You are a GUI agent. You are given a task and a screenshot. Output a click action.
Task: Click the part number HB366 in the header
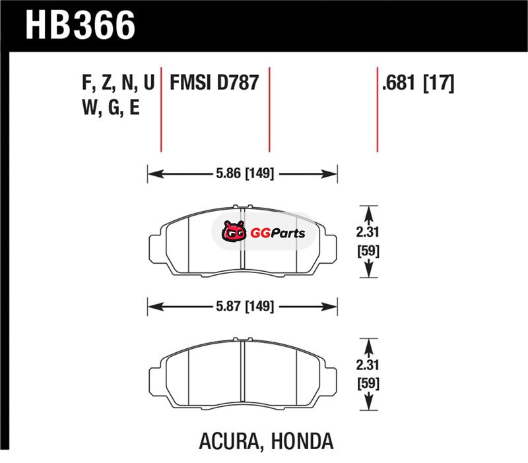click(x=80, y=24)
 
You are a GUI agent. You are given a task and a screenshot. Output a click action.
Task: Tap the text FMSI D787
click(x=214, y=82)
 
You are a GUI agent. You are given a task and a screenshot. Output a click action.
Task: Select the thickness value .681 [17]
click(x=418, y=83)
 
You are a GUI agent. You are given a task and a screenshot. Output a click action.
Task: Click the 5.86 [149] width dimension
click(x=245, y=173)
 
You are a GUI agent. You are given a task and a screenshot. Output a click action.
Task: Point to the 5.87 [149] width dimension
click(x=245, y=306)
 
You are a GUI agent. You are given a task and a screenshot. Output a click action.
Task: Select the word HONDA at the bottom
click(x=302, y=441)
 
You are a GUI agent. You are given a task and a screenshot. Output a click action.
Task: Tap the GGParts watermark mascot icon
click(x=234, y=231)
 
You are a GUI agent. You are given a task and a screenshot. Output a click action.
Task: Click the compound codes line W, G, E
click(x=111, y=108)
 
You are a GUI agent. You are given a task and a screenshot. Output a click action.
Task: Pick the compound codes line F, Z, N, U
click(x=118, y=82)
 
